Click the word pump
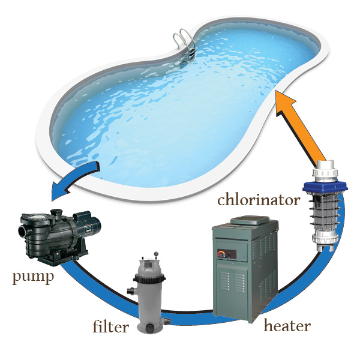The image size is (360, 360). [33, 278]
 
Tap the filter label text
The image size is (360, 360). [110, 326]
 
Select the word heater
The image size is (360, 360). [287, 326]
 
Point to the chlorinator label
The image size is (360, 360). [259, 200]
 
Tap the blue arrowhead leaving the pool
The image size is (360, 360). [60, 190]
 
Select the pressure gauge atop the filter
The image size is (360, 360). [157, 254]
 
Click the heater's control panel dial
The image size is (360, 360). [221, 254]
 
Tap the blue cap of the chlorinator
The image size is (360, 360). [325, 187]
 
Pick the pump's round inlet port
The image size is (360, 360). [23, 231]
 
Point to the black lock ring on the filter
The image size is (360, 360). [149, 278]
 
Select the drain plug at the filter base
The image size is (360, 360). [151, 328]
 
